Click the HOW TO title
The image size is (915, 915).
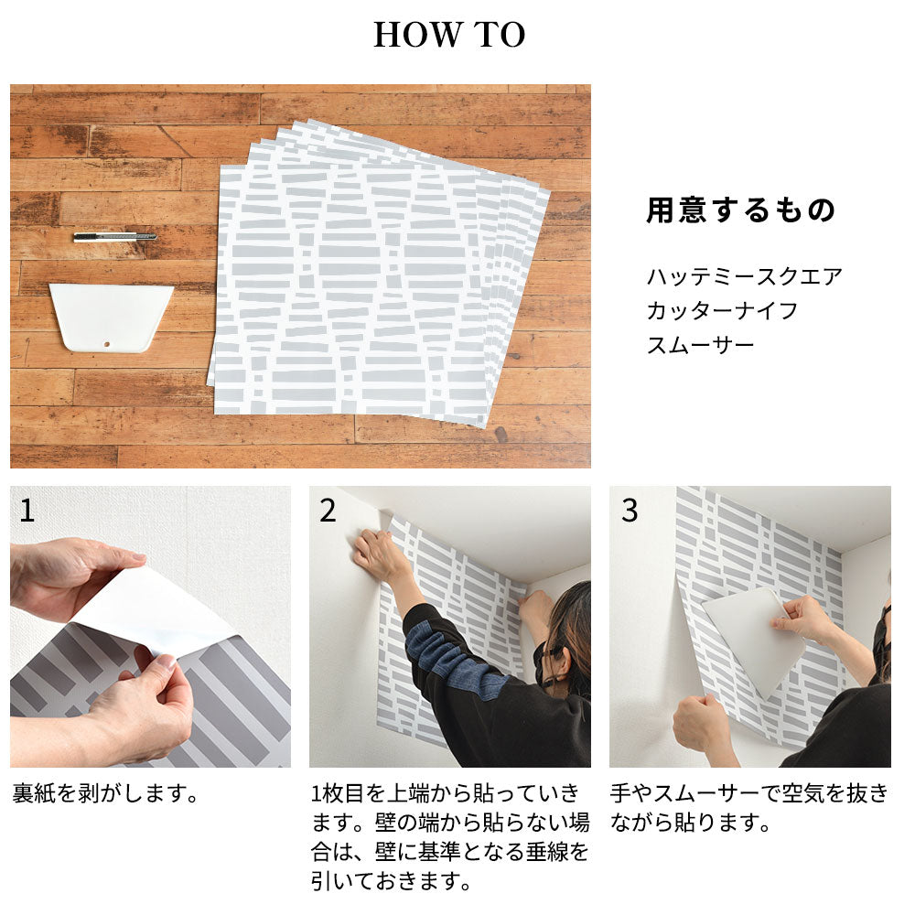click(449, 35)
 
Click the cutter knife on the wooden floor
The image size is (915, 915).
click(115, 237)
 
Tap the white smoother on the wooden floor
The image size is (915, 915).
click(111, 318)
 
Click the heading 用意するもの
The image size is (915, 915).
click(741, 210)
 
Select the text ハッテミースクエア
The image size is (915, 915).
click(745, 276)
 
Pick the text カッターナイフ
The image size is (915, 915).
click(722, 310)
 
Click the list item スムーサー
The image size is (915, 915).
click(700, 346)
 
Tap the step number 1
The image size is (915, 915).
click(27, 511)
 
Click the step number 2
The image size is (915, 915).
click(328, 511)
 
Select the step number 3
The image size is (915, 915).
click(630, 511)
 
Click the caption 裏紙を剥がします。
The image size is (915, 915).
click(105, 793)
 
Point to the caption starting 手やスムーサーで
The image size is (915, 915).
click(749, 808)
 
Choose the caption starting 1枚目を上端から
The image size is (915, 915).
click(450, 837)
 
